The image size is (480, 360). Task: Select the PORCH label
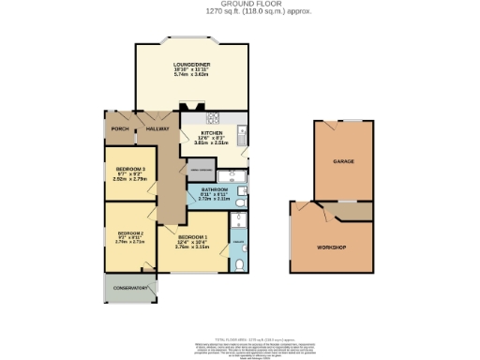[x=120, y=129]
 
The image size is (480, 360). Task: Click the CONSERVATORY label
[x=131, y=288]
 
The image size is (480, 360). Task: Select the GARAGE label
[x=343, y=162]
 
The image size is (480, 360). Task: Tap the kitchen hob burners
[x=213, y=118]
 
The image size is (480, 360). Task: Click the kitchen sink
[x=241, y=132]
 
